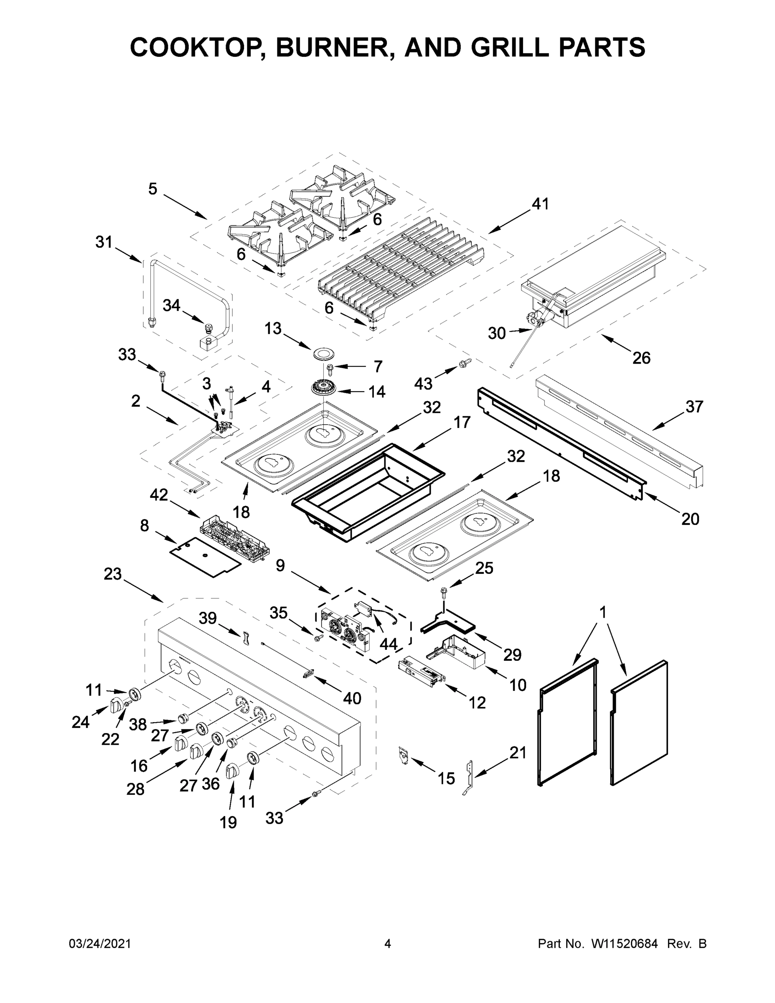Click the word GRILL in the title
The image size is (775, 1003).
pyautogui.click(x=510, y=47)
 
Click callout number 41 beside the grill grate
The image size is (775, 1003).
pyautogui.click(x=540, y=204)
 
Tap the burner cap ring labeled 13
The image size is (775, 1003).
pyautogui.click(x=324, y=354)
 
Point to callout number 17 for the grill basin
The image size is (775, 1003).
pyautogui.click(x=462, y=422)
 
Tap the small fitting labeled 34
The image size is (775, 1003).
pyautogui.click(x=209, y=328)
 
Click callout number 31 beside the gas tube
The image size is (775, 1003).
pyautogui.click(x=104, y=242)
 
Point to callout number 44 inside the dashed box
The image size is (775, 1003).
pyautogui.click(x=388, y=644)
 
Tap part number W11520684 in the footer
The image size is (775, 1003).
pyautogui.click(x=625, y=943)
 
